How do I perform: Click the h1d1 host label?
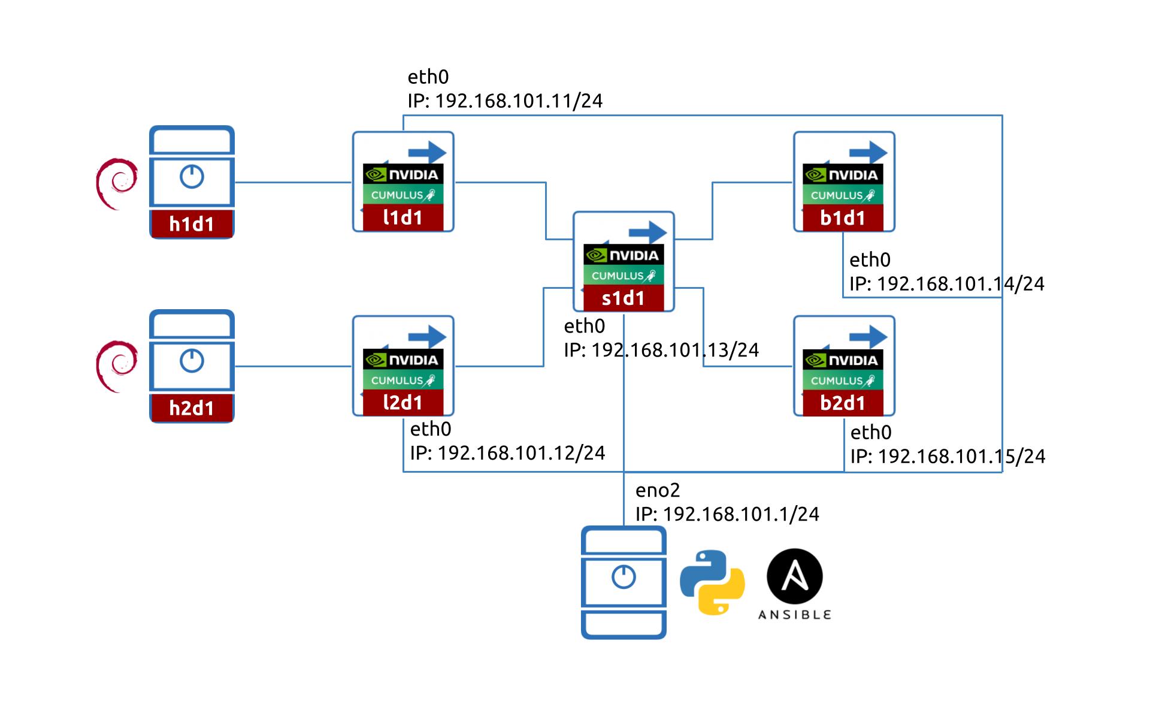[x=192, y=224]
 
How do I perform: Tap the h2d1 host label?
[x=192, y=408]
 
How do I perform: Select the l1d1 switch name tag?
[x=403, y=217]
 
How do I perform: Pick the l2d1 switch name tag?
[x=403, y=403]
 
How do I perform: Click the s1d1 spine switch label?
[x=624, y=298]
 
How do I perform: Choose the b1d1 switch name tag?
[x=843, y=218]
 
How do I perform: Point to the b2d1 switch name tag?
[x=843, y=403]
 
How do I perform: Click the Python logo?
[x=712, y=582]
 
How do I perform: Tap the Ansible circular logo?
[x=795, y=576]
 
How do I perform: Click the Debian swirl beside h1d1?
[x=117, y=183]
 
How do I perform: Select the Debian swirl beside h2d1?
[x=117, y=366]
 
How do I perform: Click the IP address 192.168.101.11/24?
[x=519, y=101]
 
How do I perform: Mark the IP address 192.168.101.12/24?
[x=521, y=453]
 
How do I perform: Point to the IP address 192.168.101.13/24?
[x=675, y=350]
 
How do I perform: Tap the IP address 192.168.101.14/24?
[x=961, y=284]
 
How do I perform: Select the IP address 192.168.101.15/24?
[x=961, y=457]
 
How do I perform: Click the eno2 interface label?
[x=658, y=490]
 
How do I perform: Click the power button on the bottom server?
[x=624, y=577]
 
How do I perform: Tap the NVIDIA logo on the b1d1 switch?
[x=843, y=175]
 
